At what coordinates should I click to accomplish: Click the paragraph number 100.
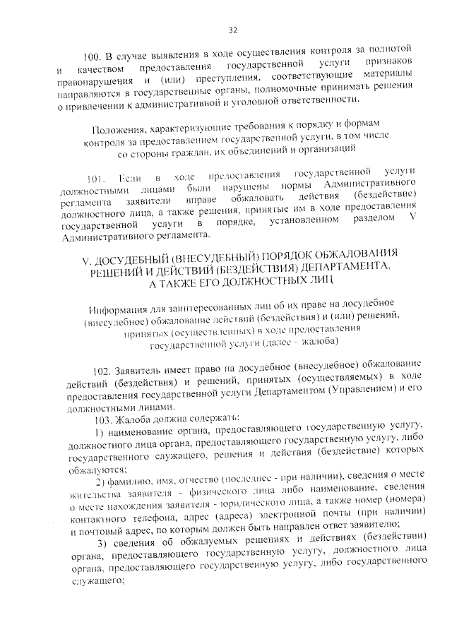[94, 57]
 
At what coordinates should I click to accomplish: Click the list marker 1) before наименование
[100, 432]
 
